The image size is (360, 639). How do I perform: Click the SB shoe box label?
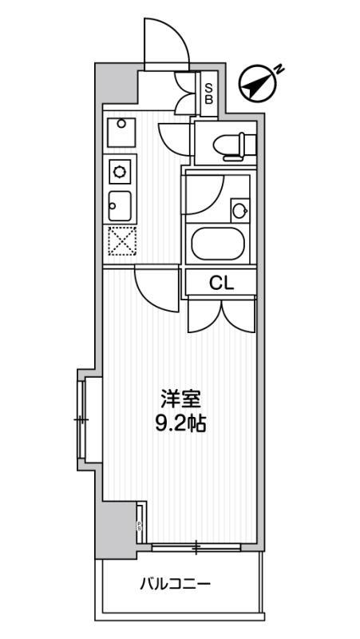pyautogui.click(x=208, y=94)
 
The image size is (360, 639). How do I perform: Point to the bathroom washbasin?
pyautogui.click(x=239, y=211)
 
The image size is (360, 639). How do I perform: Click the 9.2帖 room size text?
pyautogui.click(x=180, y=423)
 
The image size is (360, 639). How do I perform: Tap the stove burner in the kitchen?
pyautogui.click(x=120, y=170)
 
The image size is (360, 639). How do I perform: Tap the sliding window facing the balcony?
pyautogui.click(x=196, y=547)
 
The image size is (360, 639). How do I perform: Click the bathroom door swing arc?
pyautogui.click(x=206, y=192)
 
